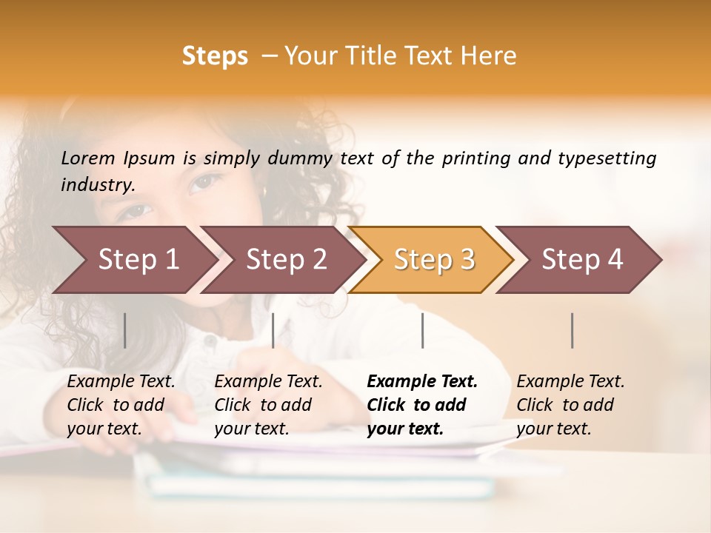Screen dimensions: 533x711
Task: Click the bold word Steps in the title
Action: (215, 56)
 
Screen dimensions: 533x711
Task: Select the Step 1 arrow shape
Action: (133, 259)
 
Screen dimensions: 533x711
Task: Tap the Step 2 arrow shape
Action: (285, 259)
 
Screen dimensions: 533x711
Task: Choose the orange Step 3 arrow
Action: (433, 259)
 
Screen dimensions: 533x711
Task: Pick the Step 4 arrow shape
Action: (581, 259)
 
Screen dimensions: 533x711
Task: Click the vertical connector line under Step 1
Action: (125, 330)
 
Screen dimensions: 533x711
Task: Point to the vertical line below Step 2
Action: (273, 330)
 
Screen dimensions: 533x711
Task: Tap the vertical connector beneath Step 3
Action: (422, 330)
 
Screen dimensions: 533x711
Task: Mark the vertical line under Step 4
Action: (572, 330)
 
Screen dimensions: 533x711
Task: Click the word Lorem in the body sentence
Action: (87, 158)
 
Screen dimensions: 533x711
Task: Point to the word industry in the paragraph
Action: (97, 185)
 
